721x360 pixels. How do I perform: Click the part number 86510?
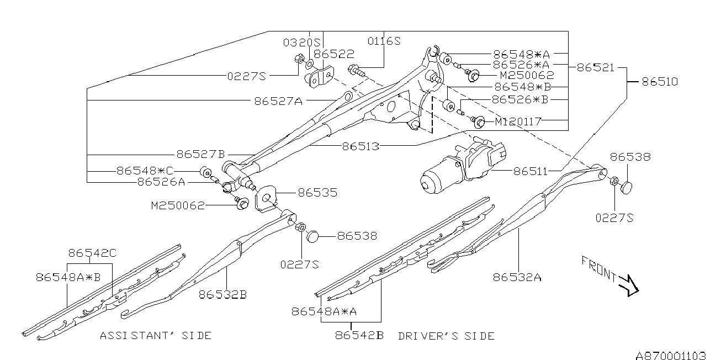[659, 82]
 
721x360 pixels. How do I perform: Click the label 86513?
[360, 147]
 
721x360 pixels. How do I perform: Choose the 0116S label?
[384, 41]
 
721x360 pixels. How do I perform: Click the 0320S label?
[302, 42]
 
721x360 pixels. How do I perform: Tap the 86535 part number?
[317, 193]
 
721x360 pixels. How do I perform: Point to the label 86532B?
[222, 294]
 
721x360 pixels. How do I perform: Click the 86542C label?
[92, 253]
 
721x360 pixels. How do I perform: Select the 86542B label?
[359, 335]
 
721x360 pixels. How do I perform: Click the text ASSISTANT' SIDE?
[156, 335]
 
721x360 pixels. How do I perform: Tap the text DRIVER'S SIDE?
[446, 336]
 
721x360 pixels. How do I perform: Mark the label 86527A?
[278, 100]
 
